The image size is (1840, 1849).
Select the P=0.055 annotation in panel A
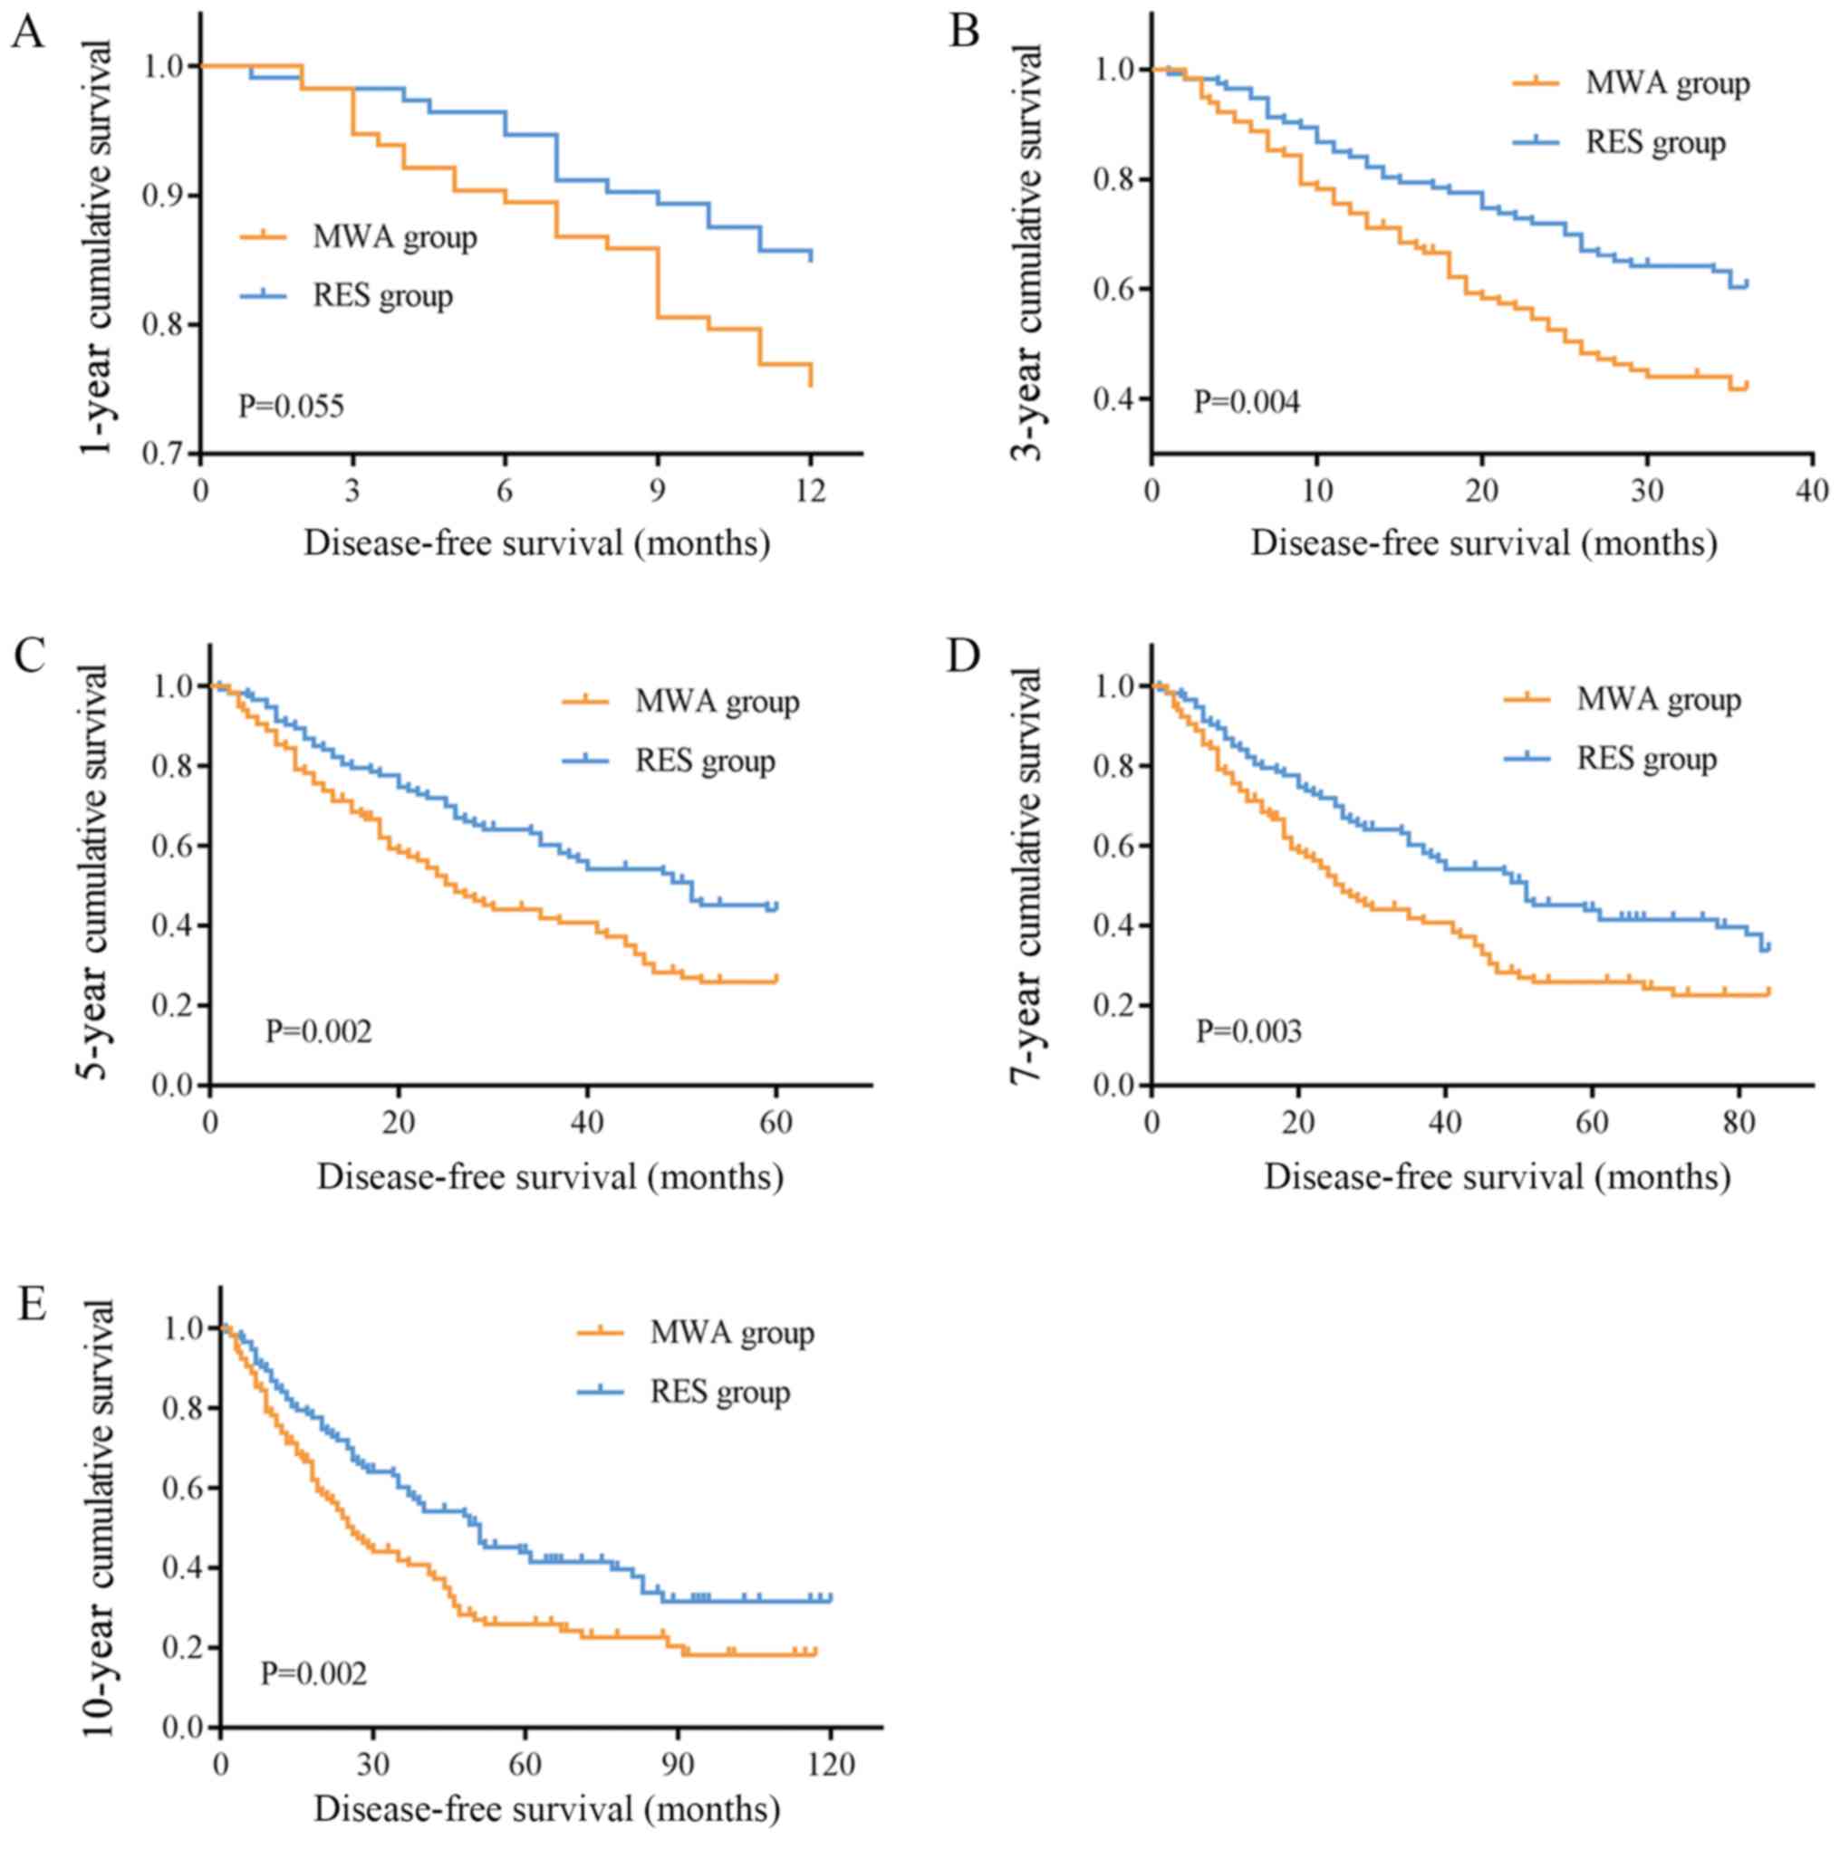click(291, 407)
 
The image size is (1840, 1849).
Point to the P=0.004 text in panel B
click(1247, 402)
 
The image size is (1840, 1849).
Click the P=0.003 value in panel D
click(1248, 1030)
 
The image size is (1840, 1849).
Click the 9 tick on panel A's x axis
click(658, 491)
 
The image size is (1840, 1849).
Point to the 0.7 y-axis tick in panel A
click(163, 454)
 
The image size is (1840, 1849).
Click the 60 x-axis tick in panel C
click(776, 1121)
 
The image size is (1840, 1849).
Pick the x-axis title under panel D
click(1498, 1176)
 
